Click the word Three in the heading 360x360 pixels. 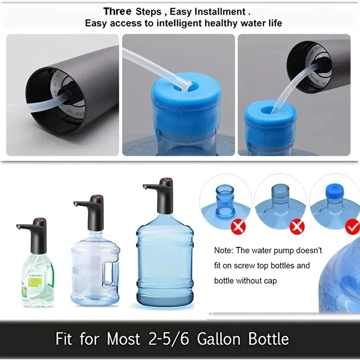(x=117, y=11)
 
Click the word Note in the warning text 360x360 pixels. (x=224, y=251)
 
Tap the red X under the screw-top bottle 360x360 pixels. (x=238, y=226)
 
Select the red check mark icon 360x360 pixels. (x=352, y=226)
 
